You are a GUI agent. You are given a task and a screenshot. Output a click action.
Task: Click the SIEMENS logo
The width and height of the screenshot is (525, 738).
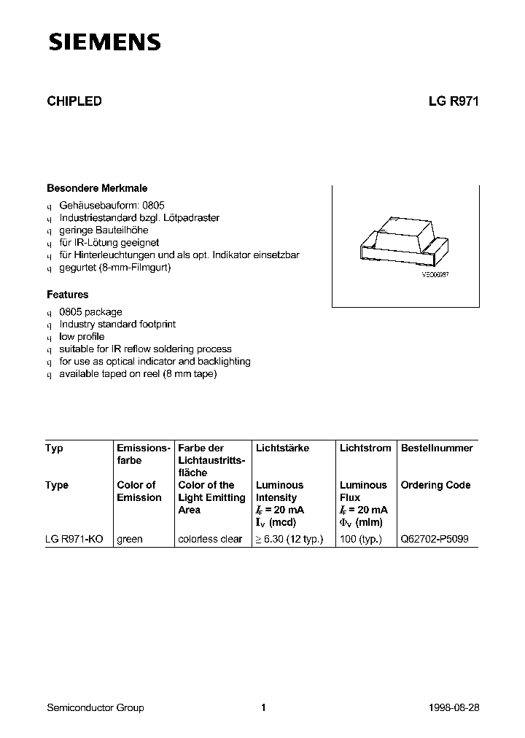pyautogui.click(x=104, y=43)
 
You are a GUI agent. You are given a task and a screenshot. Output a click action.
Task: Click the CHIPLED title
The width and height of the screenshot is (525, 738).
pyautogui.click(x=74, y=102)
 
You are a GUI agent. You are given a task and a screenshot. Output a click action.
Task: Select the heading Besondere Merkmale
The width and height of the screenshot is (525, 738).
pyautogui.click(x=97, y=188)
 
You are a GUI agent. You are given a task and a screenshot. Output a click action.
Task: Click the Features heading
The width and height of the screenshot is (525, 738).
pyautogui.click(x=68, y=295)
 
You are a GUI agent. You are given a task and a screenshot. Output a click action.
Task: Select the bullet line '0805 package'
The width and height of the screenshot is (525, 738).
pyautogui.click(x=90, y=312)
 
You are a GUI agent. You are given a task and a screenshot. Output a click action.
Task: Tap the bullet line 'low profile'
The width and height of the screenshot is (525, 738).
pyautogui.click(x=82, y=337)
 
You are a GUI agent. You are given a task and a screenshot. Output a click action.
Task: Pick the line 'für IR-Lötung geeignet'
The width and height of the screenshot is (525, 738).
pyautogui.click(x=109, y=242)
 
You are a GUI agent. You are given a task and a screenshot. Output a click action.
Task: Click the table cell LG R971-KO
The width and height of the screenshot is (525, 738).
pyautogui.click(x=74, y=539)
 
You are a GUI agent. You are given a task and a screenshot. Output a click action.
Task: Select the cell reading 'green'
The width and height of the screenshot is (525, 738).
pyautogui.click(x=130, y=539)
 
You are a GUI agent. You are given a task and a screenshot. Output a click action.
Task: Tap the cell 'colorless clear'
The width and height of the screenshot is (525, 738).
pyautogui.click(x=210, y=539)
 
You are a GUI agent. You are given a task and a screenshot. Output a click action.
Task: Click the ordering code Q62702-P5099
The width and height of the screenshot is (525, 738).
pyautogui.click(x=435, y=539)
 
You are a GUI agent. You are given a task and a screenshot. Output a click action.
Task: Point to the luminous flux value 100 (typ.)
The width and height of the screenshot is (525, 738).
pyautogui.click(x=362, y=539)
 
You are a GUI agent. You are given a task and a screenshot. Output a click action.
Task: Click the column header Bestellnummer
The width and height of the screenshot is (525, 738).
pyautogui.click(x=437, y=448)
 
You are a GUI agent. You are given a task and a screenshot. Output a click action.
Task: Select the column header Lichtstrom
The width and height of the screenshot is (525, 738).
pyautogui.click(x=365, y=448)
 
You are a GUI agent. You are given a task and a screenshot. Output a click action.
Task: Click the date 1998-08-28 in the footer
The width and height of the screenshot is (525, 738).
pyautogui.click(x=454, y=707)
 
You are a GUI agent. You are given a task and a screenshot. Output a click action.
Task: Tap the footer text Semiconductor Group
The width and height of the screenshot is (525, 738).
pyautogui.click(x=95, y=707)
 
